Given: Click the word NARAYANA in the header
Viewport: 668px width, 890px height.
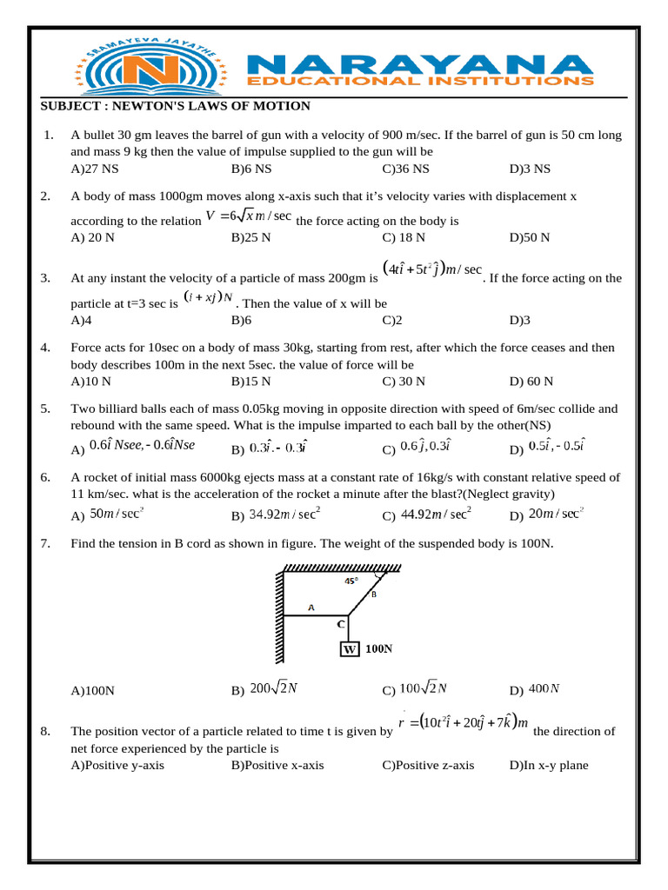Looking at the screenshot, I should [x=420, y=63].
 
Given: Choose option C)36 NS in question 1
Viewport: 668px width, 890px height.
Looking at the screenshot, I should [x=405, y=168].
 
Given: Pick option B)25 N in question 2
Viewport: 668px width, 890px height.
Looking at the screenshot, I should [x=250, y=236].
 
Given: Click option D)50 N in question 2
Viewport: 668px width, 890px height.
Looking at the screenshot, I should [x=531, y=236].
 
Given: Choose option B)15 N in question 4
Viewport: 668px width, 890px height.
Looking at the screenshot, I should [x=250, y=381].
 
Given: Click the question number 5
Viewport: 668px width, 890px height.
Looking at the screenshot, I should [x=46, y=408].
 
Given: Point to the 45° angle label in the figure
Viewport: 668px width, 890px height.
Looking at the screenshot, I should [x=351, y=581].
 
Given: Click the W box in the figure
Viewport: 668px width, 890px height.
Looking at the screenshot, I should [x=349, y=648].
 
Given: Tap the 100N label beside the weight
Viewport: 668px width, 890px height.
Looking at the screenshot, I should [x=379, y=648].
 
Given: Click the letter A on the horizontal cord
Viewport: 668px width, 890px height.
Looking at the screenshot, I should [x=311, y=608].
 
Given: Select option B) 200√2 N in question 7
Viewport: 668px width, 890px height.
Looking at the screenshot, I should [x=264, y=689].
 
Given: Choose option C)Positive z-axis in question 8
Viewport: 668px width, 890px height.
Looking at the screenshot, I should [x=428, y=765].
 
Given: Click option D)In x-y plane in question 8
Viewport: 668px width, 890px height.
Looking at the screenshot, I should [x=549, y=765].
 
